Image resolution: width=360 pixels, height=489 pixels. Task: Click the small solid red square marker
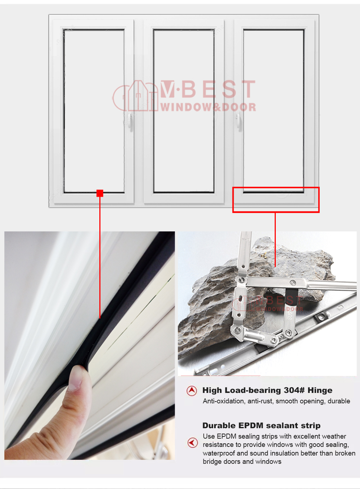[100, 193]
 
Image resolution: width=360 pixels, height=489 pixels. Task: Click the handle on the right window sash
[239, 122]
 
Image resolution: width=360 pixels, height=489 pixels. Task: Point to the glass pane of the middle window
[184, 111]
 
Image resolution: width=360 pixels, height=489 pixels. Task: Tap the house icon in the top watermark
[135, 96]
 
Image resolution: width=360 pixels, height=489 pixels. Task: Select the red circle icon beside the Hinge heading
[192, 391]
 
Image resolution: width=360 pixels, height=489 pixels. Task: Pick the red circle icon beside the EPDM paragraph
[193, 443]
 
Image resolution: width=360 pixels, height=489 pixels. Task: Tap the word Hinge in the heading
[320, 391]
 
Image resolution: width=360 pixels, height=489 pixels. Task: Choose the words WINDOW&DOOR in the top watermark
[208, 107]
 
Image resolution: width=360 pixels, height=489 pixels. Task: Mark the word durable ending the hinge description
[339, 401]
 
